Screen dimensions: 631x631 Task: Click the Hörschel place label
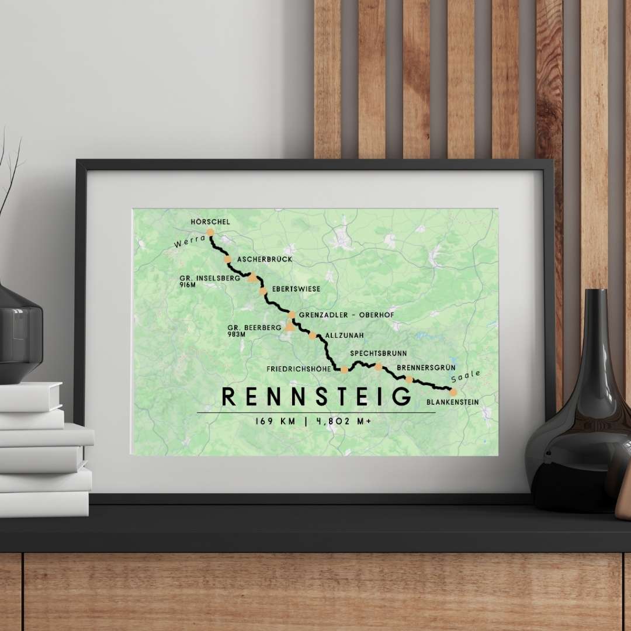pos(210,222)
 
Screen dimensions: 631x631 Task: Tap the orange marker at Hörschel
pos(210,232)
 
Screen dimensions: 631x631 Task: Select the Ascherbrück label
pos(264,259)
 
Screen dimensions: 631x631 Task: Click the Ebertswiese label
pos(296,289)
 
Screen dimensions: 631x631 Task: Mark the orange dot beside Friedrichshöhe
pos(345,369)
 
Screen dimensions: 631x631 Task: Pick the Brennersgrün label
pos(426,367)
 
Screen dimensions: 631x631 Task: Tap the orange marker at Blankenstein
pos(453,392)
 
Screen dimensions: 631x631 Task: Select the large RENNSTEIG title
pos(317,397)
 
